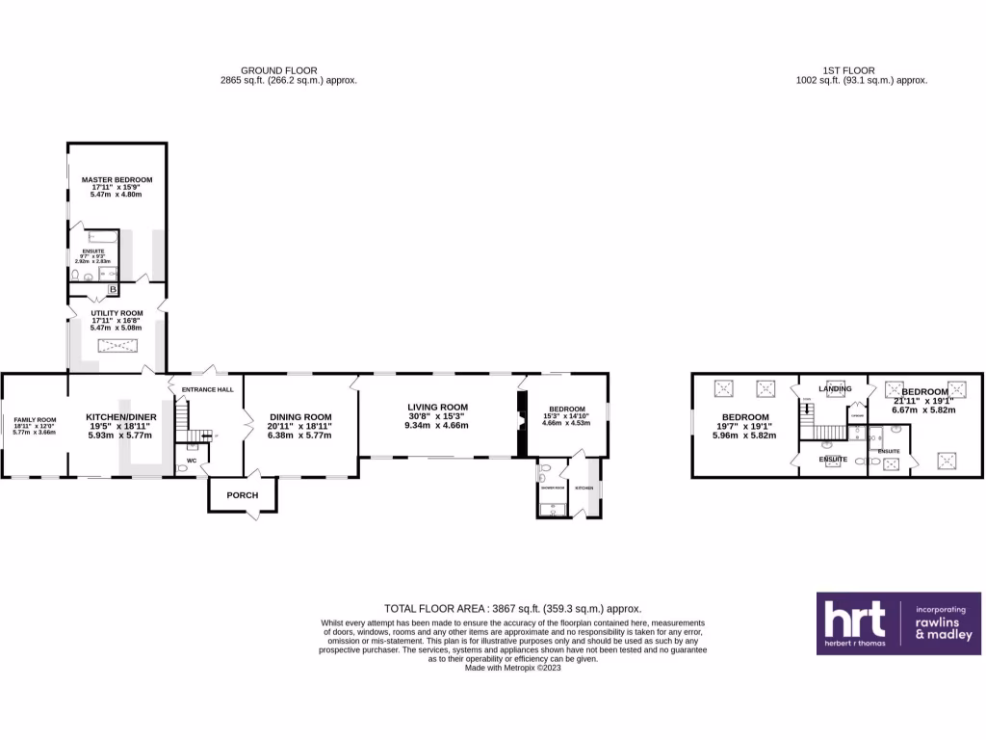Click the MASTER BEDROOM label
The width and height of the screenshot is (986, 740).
click(117, 179)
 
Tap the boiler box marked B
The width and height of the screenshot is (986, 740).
click(113, 289)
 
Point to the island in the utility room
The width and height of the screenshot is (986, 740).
click(117, 348)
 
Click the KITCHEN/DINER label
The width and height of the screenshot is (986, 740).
click(117, 417)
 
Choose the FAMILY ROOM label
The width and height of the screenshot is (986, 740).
click(35, 420)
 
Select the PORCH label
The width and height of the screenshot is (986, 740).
click(242, 495)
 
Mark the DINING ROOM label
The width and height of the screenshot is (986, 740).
click(299, 417)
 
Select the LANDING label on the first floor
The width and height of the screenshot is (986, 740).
click(835, 388)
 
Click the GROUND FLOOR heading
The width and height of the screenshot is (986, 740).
click(288, 70)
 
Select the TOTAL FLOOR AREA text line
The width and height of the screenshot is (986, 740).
click(512, 608)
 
